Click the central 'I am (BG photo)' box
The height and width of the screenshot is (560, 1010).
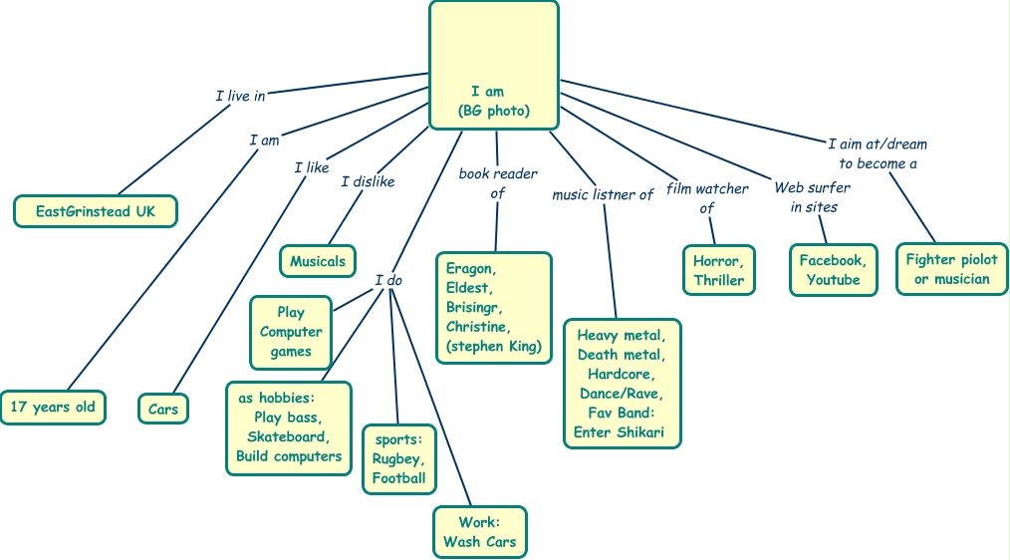pos(493,66)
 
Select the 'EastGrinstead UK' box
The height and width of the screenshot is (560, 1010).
pos(96,211)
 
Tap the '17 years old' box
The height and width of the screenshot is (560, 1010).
pos(53,408)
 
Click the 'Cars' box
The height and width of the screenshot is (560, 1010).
pos(163,409)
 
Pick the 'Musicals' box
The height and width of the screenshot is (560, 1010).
pos(318,261)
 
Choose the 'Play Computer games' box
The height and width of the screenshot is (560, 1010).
pos(291,332)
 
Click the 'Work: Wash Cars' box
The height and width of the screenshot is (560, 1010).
pos(480,532)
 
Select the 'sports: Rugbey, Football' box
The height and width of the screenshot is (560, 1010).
pos(398,458)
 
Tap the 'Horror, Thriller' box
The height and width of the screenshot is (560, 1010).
pos(718,270)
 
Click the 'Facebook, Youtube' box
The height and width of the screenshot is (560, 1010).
pos(833,270)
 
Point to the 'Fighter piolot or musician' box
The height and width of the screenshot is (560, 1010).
pos(951,269)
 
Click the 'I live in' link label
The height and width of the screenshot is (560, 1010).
pos(240,97)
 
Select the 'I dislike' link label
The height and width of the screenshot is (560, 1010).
pos(368,181)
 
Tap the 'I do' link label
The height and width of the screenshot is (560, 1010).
pos(388,280)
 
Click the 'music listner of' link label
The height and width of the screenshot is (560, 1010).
pos(603,194)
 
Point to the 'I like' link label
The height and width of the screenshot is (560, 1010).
pos(311,167)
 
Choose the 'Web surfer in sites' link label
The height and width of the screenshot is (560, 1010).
pos(813,197)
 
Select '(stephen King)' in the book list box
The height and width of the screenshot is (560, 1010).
pos(494,346)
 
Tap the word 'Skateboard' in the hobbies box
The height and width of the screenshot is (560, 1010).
pos(288,436)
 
